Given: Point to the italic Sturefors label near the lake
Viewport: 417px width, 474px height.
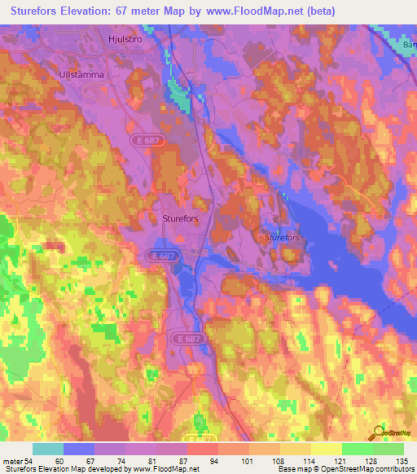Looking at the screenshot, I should [x=282, y=237].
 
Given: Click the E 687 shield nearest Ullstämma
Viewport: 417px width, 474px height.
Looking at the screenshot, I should [x=144, y=141].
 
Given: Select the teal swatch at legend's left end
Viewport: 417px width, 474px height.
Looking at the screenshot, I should [x=47, y=449].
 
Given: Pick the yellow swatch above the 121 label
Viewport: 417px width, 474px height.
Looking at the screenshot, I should [x=326, y=449].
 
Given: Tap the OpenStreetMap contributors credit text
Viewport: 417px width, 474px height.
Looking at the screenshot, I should [x=358, y=469].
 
